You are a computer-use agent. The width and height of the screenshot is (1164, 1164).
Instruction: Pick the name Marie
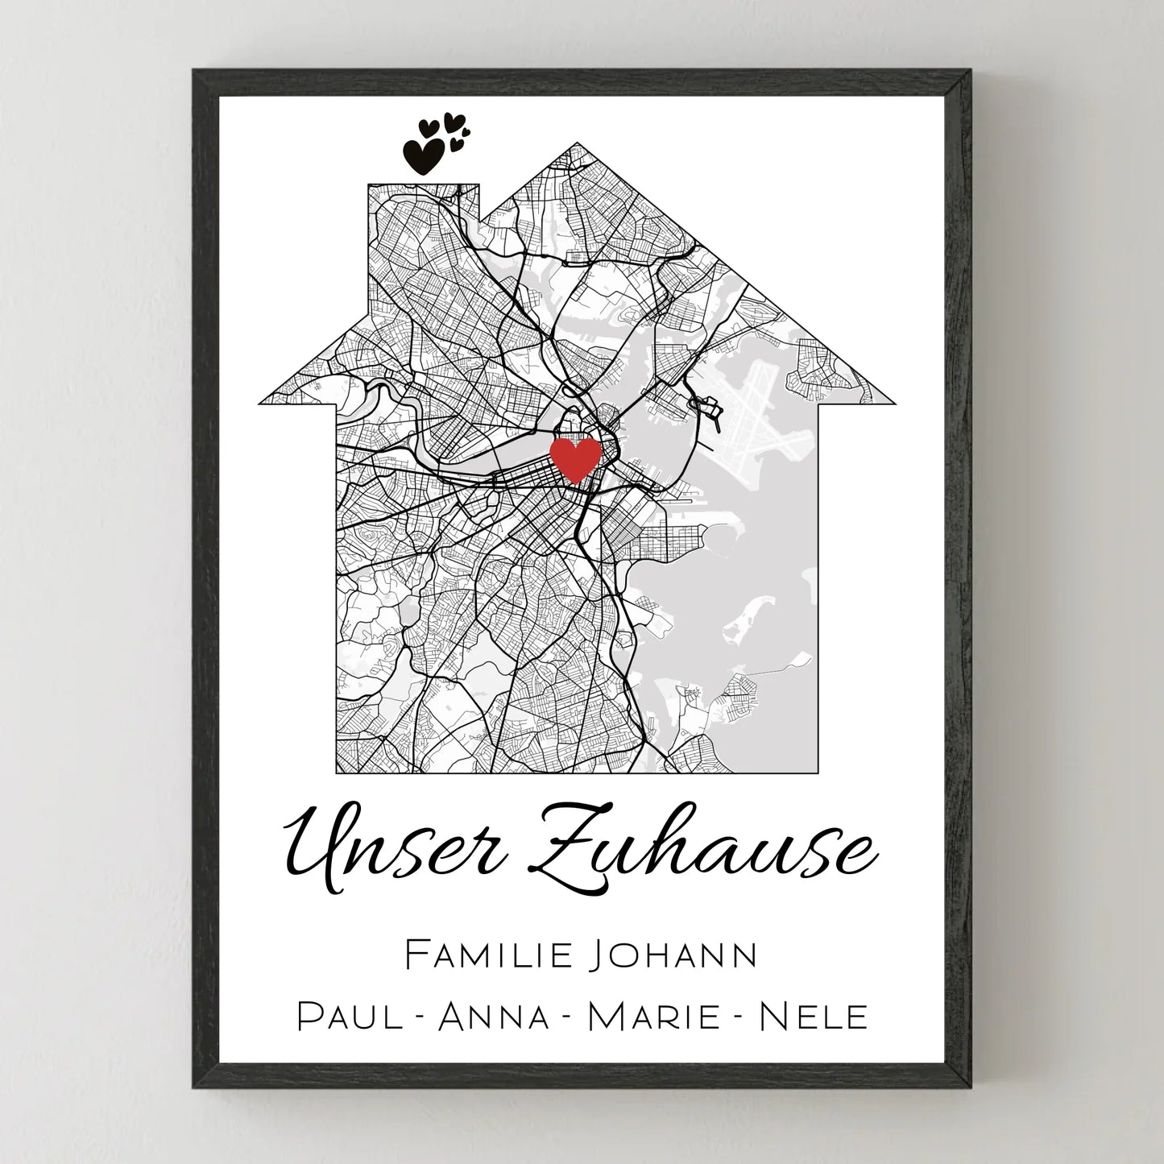653,1017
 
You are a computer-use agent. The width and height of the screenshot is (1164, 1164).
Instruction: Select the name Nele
814,1017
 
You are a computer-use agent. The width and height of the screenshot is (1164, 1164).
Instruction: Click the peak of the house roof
577,145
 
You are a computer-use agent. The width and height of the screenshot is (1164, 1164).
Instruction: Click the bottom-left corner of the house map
337,772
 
